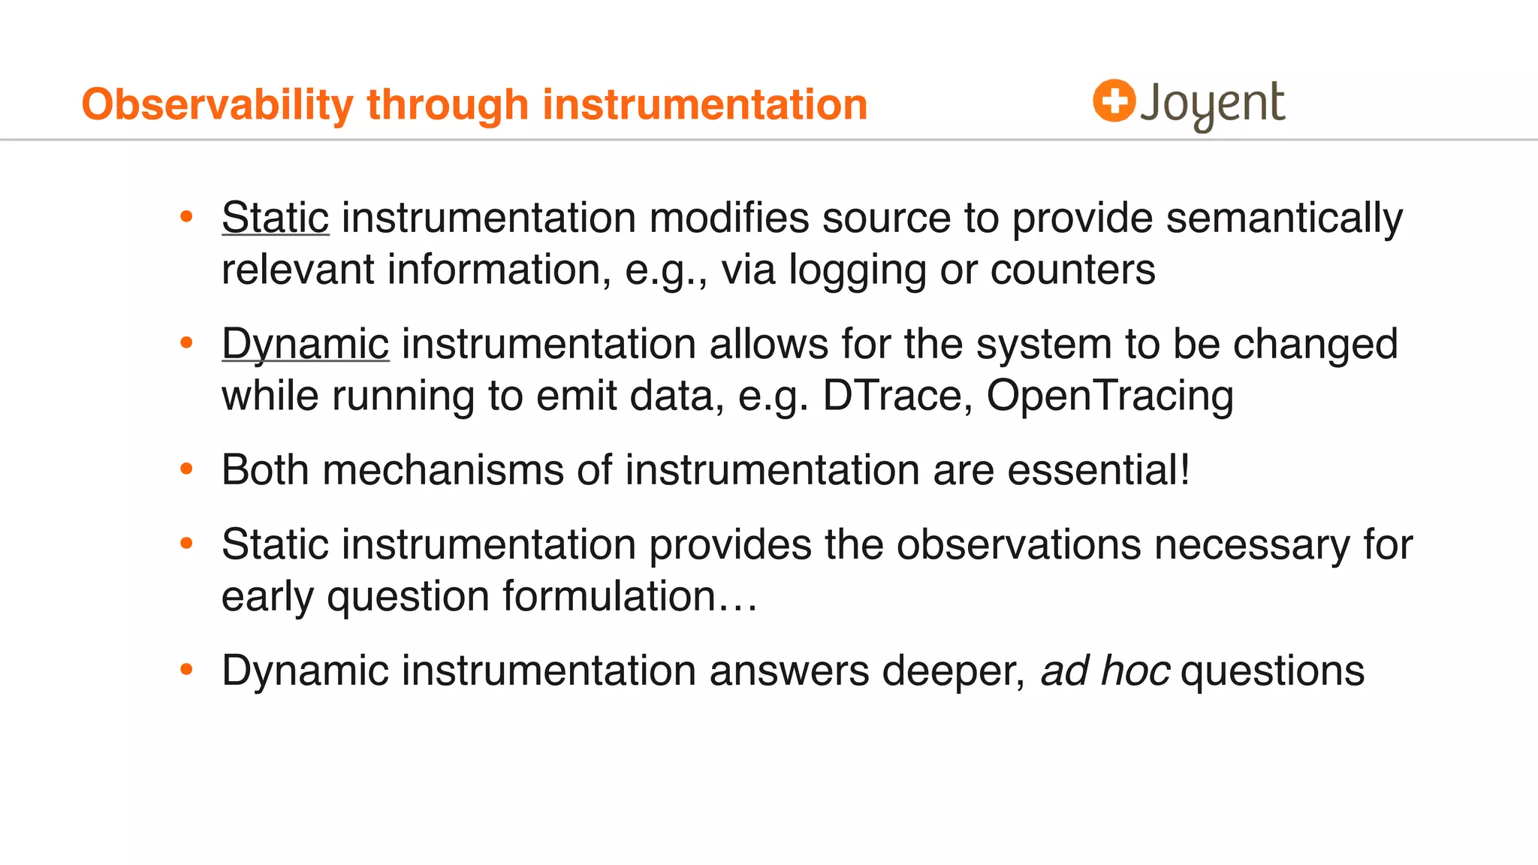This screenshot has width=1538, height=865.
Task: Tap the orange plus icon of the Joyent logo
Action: pos(1114,101)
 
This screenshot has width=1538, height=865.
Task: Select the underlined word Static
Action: pos(275,218)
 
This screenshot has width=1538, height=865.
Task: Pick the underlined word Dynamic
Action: pos(305,344)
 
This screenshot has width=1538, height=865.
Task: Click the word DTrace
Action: pos(892,396)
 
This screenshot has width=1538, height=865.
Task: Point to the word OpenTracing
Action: pos(1109,396)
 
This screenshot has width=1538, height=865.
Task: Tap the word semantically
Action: pos(1283,218)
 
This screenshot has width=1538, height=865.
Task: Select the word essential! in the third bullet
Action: pos(1099,470)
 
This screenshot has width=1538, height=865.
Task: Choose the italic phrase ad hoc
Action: pos(1105,671)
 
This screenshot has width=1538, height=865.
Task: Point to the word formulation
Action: pos(609,596)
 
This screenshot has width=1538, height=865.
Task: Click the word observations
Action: pos(1018,544)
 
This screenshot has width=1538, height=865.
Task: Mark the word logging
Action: pos(857,270)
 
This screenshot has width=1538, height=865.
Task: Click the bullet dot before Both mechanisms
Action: pos(187,470)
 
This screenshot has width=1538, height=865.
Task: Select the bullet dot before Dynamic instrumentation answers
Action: pos(187,669)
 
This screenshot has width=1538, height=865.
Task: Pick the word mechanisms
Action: pos(443,470)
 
